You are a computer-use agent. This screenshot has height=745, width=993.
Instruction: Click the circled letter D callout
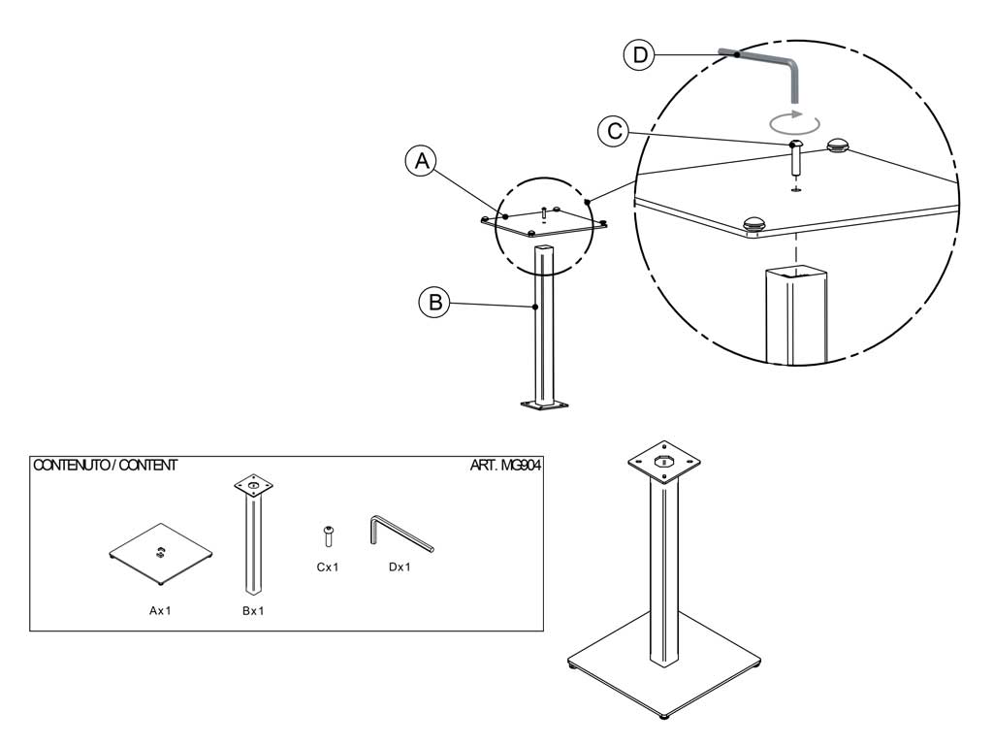[640, 54]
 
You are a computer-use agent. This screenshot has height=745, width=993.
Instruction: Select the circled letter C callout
[614, 131]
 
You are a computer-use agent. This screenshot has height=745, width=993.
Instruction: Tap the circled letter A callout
[422, 161]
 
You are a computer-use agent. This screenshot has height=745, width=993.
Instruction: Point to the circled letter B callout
[435, 302]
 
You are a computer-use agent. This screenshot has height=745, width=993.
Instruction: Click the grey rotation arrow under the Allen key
[794, 121]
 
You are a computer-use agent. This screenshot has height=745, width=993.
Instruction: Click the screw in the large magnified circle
[796, 159]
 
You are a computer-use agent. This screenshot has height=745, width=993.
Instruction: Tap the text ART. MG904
[505, 465]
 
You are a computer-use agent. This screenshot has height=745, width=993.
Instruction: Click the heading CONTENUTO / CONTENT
[105, 465]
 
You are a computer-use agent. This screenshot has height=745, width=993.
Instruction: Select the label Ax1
[160, 611]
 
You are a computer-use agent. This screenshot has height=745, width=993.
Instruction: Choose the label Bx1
[253, 611]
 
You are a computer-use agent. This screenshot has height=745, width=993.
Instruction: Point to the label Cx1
[328, 567]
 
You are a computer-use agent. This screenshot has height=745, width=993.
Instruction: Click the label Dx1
[400, 567]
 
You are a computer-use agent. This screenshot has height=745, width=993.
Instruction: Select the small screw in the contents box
[328, 535]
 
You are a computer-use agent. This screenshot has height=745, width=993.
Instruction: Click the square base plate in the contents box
[160, 554]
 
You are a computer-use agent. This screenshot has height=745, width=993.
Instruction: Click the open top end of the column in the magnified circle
[796, 275]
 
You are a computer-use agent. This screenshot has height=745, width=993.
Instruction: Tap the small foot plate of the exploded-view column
[544, 404]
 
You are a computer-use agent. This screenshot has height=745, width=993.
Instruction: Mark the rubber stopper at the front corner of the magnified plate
[754, 224]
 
